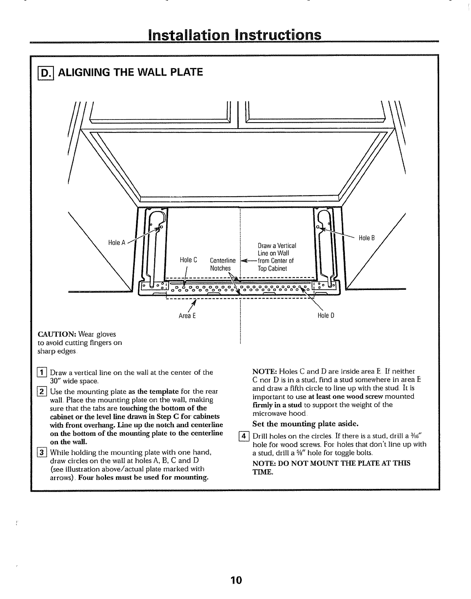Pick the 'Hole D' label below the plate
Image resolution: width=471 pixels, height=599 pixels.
(326, 315)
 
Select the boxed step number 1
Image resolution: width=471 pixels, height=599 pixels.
(42, 372)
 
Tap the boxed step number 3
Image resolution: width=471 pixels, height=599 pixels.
(42, 452)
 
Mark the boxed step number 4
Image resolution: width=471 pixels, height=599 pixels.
(244, 436)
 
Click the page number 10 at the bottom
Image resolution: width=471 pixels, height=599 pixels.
(235, 580)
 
